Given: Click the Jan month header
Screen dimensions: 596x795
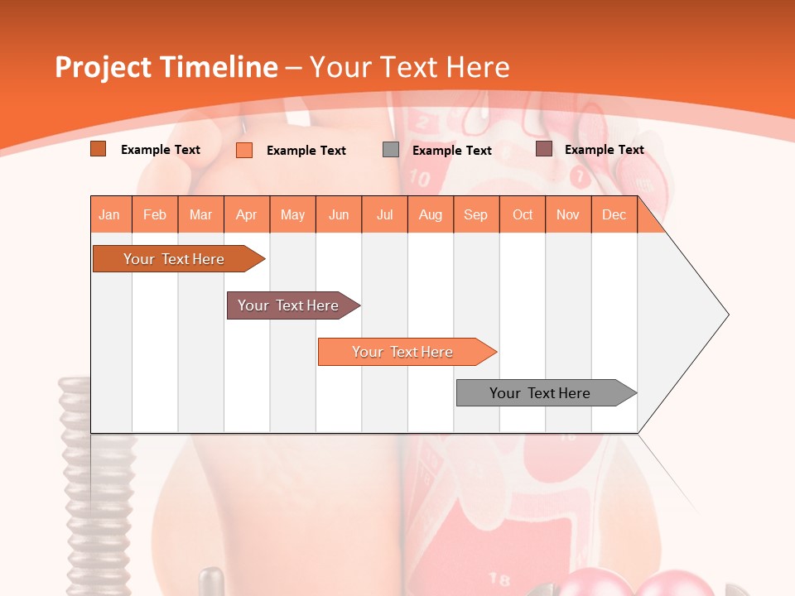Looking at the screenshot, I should [x=109, y=214].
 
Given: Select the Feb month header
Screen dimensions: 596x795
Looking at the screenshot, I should [x=155, y=214].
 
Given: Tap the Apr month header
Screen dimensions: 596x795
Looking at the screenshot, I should [x=247, y=214].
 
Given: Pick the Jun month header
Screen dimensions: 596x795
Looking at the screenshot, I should [x=339, y=214].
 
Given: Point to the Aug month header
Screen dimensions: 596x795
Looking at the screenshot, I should [x=431, y=214].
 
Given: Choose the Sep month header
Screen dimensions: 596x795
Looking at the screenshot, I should [x=476, y=214].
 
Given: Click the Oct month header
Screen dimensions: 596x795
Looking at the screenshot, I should [x=523, y=214].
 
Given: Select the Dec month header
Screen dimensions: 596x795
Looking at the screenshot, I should [x=614, y=214].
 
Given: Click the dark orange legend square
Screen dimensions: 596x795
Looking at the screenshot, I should [x=99, y=149].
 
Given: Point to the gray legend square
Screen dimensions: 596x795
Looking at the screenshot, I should [x=391, y=149].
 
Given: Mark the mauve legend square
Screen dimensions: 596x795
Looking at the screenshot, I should [x=544, y=149].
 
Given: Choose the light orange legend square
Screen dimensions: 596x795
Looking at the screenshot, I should [x=244, y=150].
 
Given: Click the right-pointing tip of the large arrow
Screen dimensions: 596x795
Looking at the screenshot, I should [x=726, y=315].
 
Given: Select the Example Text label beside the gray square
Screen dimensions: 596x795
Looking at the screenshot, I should [x=452, y=151].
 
